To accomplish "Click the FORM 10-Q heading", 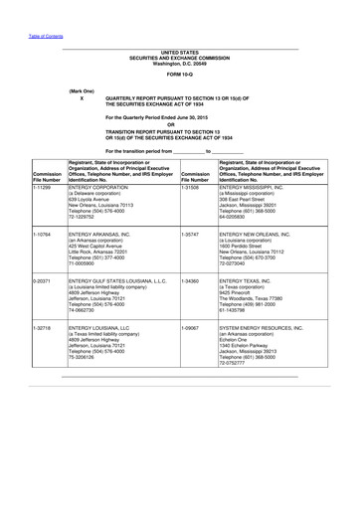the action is tap(180, 75).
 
